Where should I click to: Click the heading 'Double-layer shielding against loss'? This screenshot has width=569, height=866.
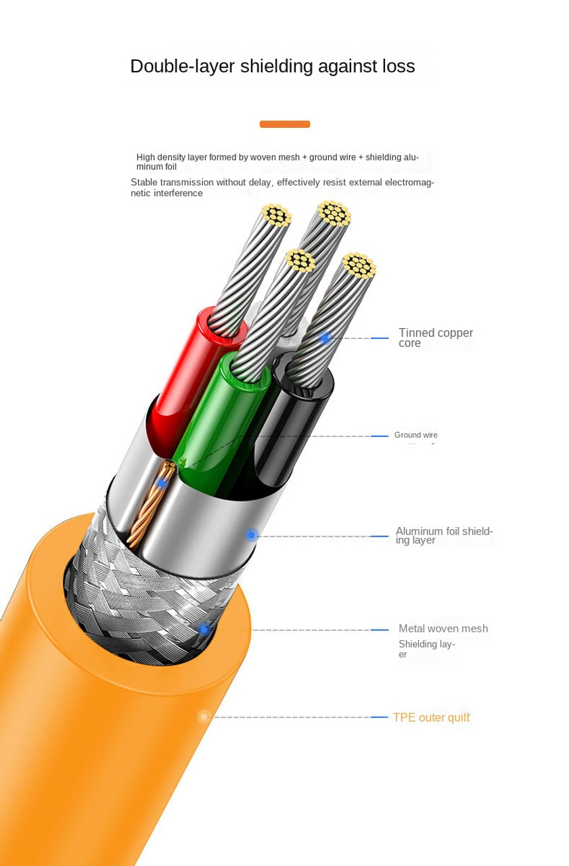pyautogui.click(x=272, y=66)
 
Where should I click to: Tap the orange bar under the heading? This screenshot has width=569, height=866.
pyautogui.click(x=284, y=124)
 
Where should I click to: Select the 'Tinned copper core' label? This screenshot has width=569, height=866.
pyautogui.click(x=435, y=338)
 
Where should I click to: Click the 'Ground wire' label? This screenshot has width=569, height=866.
pyautogui.click(x=415, y=435)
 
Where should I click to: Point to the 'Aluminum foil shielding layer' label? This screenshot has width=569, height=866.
pyautogui.click(x=444, y=535)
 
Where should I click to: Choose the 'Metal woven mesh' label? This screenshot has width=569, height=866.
pyautogui.click(x=442, y=629)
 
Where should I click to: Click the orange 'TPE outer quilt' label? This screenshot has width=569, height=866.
pyautogui.click(x=431, y=717)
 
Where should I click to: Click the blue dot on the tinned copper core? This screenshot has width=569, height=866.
pyautogui.click(x=325, y=338)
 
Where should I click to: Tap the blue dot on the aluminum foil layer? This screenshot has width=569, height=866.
pyautogui.click(x=252, y=535)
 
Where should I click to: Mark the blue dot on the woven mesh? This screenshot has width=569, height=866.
pyautogui.click(x=204, y=629)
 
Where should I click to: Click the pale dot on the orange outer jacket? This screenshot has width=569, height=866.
pyautogui.click(x=204, y=716)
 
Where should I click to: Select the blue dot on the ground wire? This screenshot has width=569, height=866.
pyautogui.click(x=162, y=482)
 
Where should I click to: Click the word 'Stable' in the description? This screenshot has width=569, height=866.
pyautogui.click(x=143, y=182)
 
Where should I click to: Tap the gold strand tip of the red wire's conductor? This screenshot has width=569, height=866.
pyautogui.click(x=276, y=214)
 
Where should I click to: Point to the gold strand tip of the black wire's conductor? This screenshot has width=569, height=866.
pyautogui.click(x=359, y=265)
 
